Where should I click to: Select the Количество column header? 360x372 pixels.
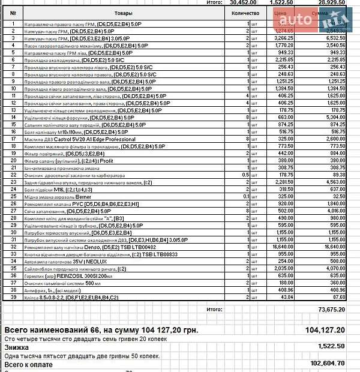click(245, 13)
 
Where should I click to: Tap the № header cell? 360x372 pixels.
click(13, 13)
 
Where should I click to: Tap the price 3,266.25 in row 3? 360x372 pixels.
click(282, 38)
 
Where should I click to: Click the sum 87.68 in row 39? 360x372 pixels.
click(339, 298)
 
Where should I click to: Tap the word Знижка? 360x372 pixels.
click(17, 347)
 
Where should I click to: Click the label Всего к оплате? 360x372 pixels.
click(29, 364)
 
